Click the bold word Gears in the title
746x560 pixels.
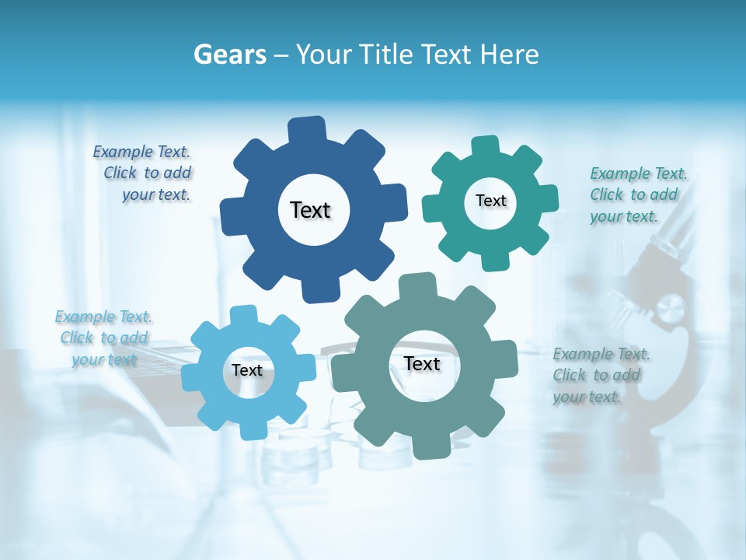pos(229,54)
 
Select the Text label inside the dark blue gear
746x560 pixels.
pos(310,210)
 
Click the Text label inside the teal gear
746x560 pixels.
pos(490,201)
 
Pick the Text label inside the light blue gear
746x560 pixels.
pos(247,370)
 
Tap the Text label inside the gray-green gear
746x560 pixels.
pos(422,363)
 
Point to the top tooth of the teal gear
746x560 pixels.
pos(486,147)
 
